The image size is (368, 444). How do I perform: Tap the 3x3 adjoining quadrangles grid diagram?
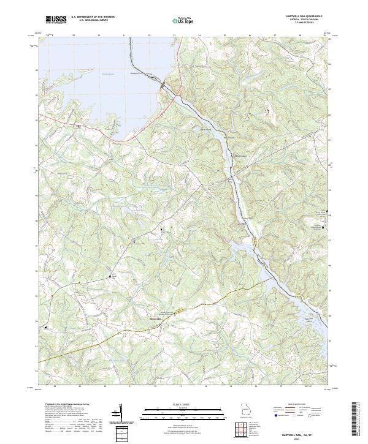pos(242,432)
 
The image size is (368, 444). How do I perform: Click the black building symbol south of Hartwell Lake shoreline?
pos(79,126)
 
